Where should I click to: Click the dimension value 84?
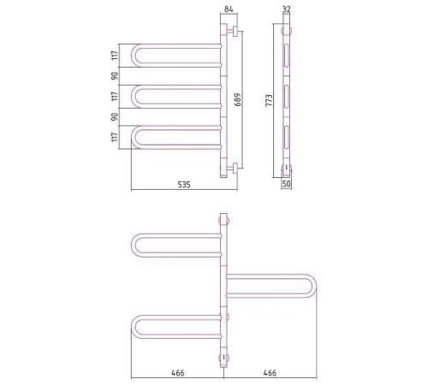pyautogui.click(x=229, y=9)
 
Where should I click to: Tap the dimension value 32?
pyautogui.click(x=287, y=9)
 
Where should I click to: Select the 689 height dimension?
pyautogui.click(x=238, y=99)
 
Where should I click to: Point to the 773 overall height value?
pyautogui.click(x=269, y=100)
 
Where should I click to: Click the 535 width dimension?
pyautogui.click(x=184, y=185)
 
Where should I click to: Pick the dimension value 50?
pyautogui.click(x=286, y=183)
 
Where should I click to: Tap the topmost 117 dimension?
pyautogui.click(x=115, y=56)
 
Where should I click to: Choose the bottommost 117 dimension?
pyautogui.click(x=115, y=137)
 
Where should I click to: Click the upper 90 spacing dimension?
pyautogui.click(x=115, y=76)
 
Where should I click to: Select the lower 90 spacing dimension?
pyautogui.click(x=115, y=116)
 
